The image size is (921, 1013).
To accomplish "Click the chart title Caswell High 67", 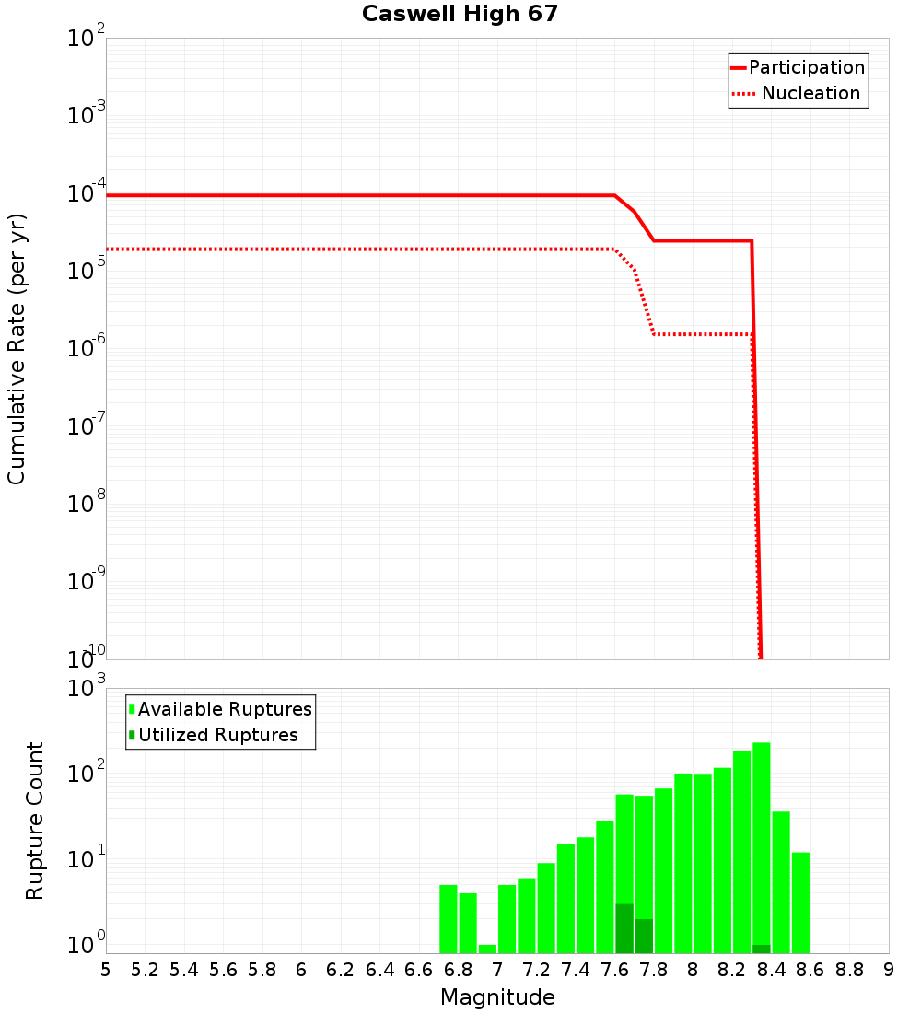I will click(460, 14).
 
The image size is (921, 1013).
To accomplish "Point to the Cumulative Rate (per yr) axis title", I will click(17, 349).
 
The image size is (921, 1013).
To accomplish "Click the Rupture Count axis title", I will click(35, 821).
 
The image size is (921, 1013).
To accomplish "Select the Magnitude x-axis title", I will click(497, 997).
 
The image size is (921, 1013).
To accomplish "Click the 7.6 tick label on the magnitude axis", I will click(615, 969).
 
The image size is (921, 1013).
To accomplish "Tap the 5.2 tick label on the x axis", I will click(145, 969).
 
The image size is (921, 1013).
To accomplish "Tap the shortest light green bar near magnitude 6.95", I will click(487, 949).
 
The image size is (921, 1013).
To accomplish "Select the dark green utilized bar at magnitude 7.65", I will click(624, 928).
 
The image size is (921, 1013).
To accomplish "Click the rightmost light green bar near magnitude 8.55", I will click(800, 902).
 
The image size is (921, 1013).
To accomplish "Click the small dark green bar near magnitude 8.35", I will click(762, 949).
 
